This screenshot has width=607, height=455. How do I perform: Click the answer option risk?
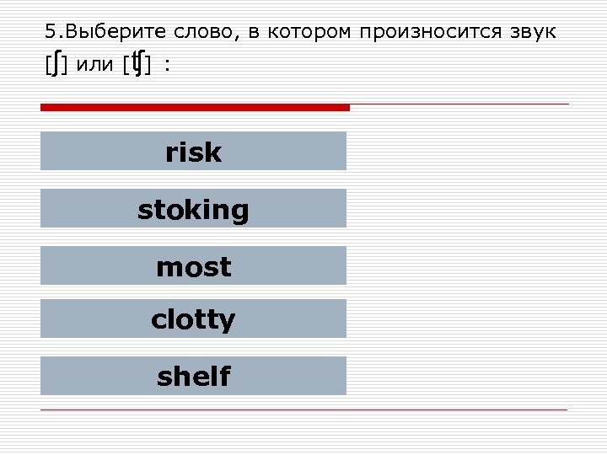click(x=193, y=152)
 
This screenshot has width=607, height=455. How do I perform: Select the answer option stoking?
click(x=193, y=209)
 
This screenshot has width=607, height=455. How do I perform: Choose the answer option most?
click(x=193, y=266)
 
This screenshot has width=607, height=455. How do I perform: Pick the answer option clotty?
click(x=193, y=319)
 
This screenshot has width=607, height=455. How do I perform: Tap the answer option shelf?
click(x=193, y=376)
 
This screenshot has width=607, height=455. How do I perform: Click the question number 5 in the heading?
click(x=51, y=33)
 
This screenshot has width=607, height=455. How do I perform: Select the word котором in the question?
click(x=311, y=33)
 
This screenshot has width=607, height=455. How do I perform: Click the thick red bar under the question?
click(x=195, y=107)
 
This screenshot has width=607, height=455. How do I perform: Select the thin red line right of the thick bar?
click(x=459, y=104)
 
